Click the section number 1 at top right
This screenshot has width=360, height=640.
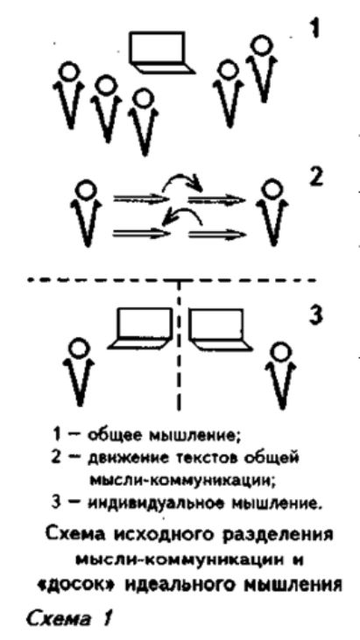[314, 31]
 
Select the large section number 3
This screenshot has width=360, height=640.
[314, 315]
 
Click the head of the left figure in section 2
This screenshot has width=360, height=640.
[87, 189]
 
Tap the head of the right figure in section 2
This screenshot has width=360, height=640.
[270, 190]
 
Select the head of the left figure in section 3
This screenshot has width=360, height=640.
[78, 349]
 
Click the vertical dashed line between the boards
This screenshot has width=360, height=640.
[179, 345]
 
